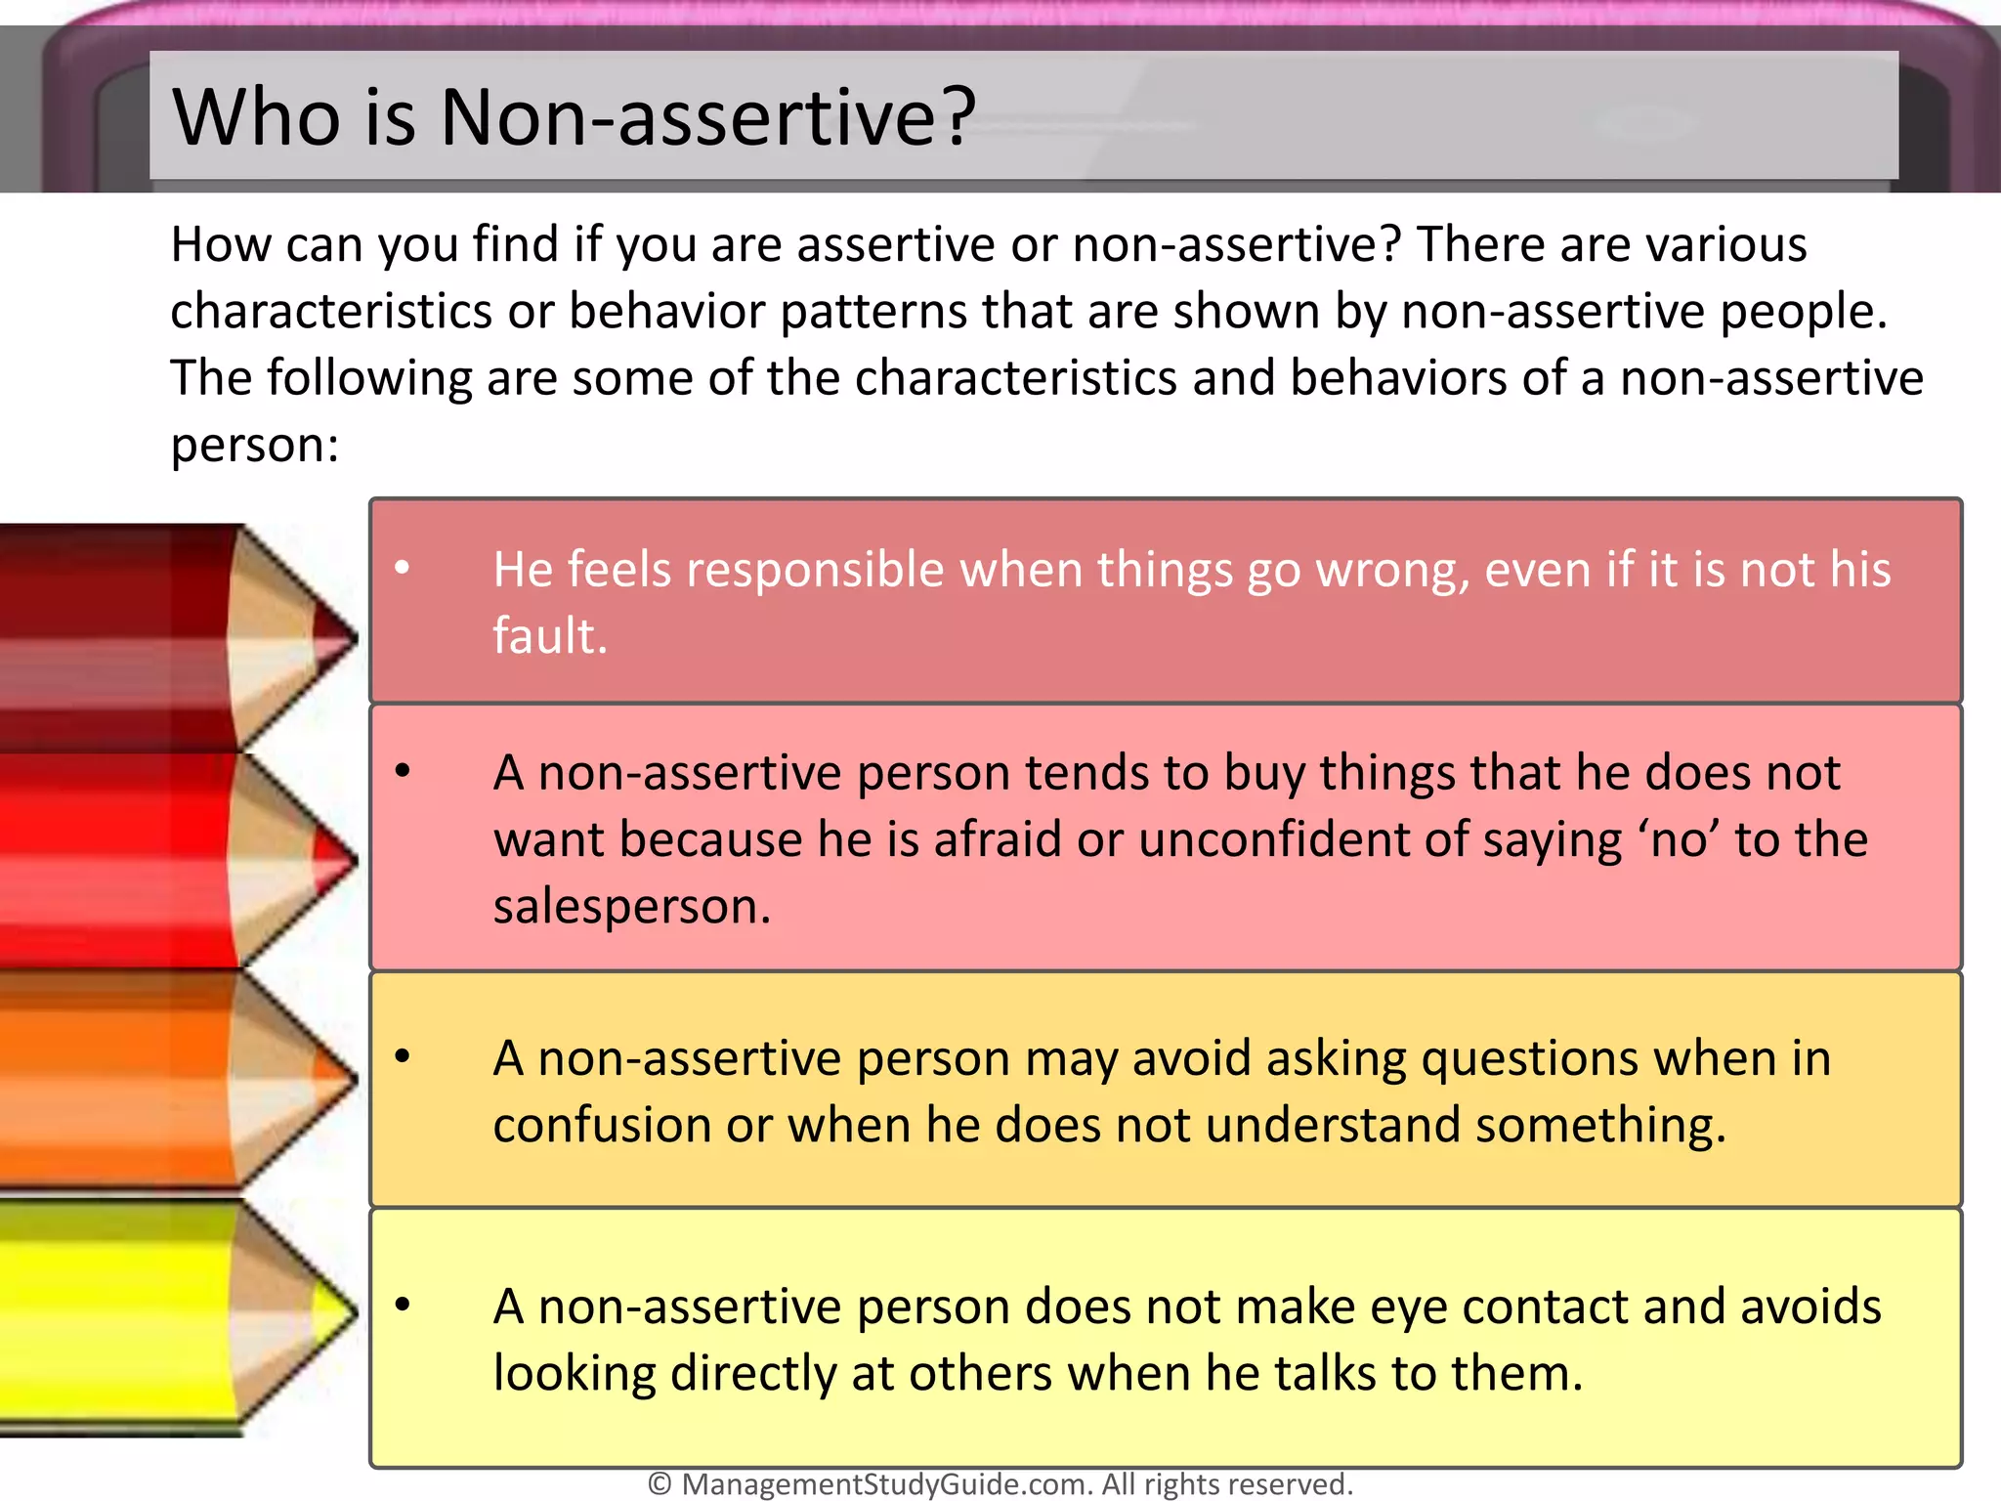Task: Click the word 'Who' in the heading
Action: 256,117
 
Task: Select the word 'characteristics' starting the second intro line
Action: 330,312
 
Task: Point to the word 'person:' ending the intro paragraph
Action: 254,446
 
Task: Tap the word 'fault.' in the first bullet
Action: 550,636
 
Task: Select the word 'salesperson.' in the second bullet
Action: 632,906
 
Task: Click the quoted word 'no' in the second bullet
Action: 1682,839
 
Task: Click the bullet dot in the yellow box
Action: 403,1304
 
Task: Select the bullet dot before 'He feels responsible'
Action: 403,567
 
